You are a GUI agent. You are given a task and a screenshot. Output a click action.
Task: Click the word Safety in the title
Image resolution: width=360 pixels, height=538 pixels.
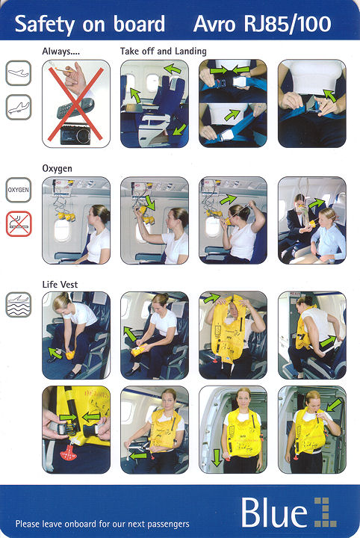point(45,25)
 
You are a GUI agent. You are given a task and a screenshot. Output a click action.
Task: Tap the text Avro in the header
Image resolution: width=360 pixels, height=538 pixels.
point(214,24)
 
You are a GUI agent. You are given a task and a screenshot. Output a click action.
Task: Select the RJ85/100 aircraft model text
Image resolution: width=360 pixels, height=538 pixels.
point(288,25)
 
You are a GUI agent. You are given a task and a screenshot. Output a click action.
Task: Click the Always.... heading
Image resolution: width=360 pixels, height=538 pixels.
point(61,52)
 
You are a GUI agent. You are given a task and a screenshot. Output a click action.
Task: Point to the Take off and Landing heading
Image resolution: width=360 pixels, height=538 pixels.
point(164,51)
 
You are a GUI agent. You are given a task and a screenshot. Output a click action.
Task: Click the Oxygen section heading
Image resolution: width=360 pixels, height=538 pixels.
point(58,168)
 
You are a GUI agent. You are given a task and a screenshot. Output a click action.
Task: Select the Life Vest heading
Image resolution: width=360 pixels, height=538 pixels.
point(60,285)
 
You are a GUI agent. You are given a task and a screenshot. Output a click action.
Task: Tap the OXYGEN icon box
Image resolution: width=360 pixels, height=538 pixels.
point(19,190)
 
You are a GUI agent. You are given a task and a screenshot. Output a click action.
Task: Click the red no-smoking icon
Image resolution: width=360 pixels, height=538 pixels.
point(19,224)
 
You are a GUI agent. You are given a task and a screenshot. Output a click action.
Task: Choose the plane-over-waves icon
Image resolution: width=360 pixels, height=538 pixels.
point(19,305)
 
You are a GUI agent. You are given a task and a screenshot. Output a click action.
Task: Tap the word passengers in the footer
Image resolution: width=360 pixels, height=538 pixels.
point(167,524)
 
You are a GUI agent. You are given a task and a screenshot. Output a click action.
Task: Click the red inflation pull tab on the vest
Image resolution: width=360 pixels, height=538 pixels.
point(69,451)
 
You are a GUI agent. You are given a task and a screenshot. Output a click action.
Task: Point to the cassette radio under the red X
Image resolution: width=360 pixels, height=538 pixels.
point(75,134)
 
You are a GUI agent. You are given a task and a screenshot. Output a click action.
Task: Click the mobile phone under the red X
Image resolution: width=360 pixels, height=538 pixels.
point(75,108)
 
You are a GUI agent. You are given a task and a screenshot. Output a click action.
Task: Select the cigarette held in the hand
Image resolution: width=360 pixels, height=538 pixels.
point(62,70)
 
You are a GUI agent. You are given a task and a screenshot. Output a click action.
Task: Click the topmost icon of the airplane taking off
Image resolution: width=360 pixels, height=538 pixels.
point(19,73)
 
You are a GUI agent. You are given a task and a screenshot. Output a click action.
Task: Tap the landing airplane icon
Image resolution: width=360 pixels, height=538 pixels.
point(19,108)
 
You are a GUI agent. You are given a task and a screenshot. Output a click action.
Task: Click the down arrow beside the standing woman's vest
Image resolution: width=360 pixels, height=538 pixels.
point(217,458)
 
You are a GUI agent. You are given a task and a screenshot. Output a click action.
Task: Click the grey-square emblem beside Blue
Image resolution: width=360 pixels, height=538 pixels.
point(325,512)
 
